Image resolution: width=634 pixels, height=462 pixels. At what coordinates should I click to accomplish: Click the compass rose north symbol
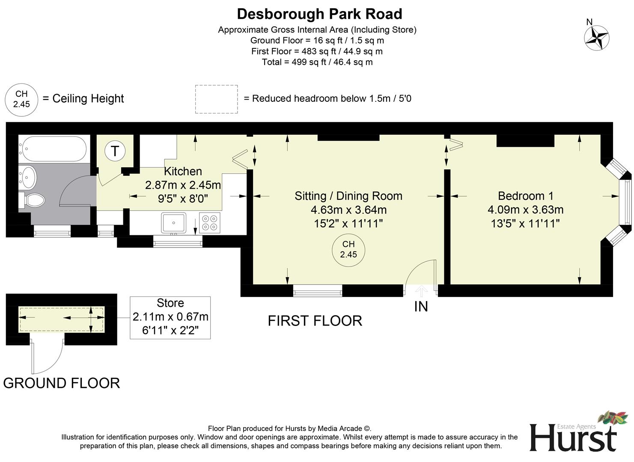point(597,37)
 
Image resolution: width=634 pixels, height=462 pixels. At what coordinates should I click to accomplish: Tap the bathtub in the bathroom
point(53,148)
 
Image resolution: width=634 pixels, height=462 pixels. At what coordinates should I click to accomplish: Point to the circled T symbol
point(115,151)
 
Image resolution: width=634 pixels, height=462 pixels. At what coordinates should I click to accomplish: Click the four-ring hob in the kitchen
point(210,222)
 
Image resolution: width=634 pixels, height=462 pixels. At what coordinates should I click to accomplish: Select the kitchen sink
point(173,223)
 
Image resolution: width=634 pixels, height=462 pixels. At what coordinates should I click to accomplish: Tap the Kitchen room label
point(183,172)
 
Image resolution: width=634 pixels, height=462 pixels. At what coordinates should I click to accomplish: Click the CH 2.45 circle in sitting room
point(348,249)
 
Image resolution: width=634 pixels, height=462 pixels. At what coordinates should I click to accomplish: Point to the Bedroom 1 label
point(525,196)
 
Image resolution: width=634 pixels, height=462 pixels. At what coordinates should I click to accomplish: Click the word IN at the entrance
point(421,307)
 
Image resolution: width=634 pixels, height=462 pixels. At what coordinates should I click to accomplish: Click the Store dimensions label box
point(170,317)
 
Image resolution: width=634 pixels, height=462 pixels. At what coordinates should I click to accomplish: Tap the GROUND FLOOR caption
point(61,383)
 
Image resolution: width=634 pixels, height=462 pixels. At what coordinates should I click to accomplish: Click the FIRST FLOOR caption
point(315,321)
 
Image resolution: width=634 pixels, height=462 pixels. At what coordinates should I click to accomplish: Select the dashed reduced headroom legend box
point(216,99)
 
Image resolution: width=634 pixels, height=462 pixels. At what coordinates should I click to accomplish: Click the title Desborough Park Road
point(319,14)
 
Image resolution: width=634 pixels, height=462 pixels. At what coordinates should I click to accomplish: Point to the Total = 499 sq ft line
point(317,62)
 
